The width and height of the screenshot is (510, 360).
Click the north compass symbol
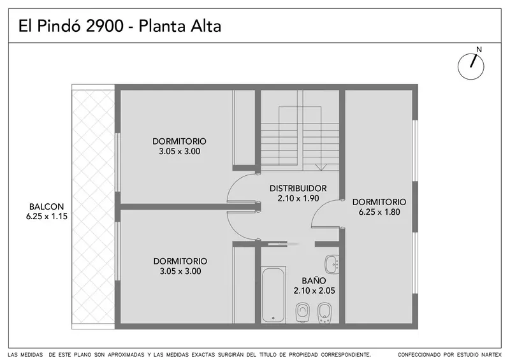470,66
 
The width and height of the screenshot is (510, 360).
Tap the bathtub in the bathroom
273,294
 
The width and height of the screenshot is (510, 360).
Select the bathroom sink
332,264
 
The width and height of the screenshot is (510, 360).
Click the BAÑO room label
314,280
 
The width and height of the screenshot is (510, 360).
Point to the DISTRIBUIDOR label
298,189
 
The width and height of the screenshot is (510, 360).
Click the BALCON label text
47,206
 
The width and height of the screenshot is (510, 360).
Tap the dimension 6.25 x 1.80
379,212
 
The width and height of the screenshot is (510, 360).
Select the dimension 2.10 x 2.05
314,291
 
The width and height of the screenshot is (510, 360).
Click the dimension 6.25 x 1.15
47,216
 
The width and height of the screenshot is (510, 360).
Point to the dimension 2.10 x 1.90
298,198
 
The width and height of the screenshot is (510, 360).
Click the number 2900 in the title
105,26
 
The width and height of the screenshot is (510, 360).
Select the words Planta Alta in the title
180,26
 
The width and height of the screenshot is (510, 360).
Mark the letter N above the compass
479,50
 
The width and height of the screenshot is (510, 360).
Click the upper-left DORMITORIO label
179,141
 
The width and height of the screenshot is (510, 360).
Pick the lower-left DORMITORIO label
180,261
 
